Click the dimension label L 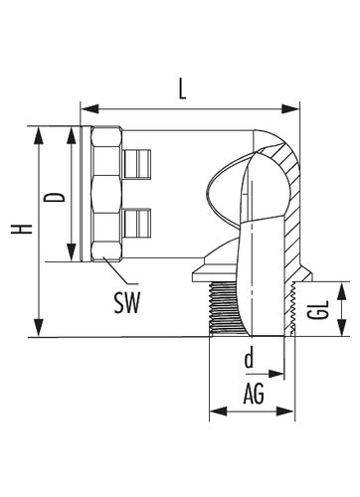182,89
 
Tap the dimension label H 22,229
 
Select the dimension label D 55,198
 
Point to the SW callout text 127,303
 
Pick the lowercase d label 249,358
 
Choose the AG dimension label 254,394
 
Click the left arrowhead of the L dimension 90,108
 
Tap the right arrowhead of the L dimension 290,108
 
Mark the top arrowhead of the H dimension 39,135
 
